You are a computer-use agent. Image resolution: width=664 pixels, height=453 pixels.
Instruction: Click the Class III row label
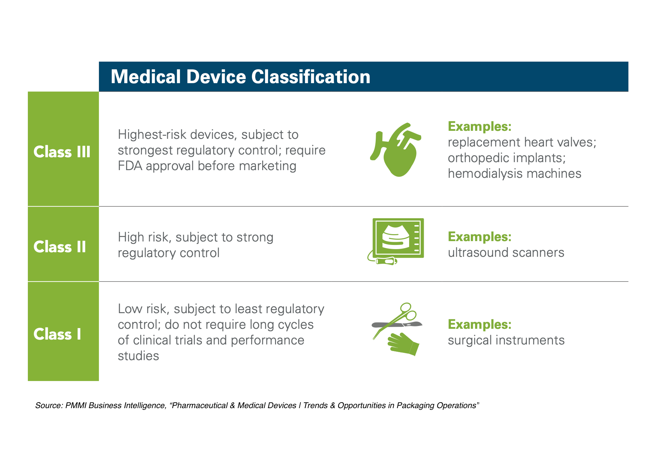tap(62, 152)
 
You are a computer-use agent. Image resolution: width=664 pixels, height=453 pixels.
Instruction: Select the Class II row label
tap(60, 247)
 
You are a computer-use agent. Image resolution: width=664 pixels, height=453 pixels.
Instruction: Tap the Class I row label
tap(57, 334)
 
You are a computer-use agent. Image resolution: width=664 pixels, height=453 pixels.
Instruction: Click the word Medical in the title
tap(146, 77)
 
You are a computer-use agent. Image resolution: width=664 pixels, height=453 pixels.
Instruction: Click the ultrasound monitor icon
tap(398, 238)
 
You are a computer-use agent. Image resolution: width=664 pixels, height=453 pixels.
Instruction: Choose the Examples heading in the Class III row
tap(479, 126)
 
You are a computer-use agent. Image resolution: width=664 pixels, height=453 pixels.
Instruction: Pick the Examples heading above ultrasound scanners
tap(479, 237)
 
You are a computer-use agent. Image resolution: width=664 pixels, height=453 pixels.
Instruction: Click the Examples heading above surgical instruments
tap(479, 324)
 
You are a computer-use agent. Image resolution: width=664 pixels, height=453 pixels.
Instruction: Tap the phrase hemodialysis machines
tap(514, 174)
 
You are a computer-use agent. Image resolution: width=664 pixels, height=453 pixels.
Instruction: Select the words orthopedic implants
tap(506, 158)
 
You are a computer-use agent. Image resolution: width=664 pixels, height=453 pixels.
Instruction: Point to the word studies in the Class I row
tap(138, 356)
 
